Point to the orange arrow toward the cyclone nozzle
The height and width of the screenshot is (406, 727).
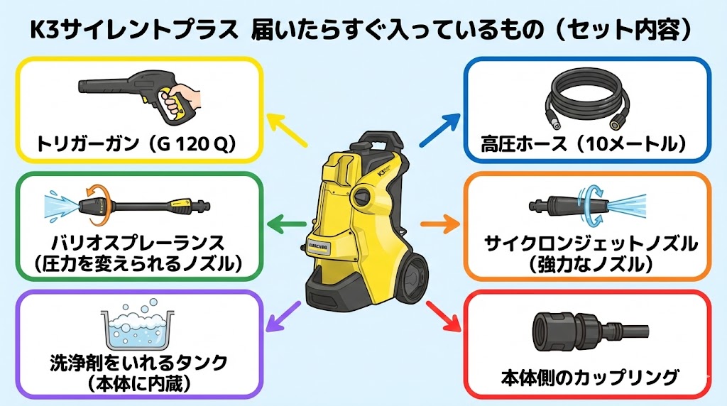439,226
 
